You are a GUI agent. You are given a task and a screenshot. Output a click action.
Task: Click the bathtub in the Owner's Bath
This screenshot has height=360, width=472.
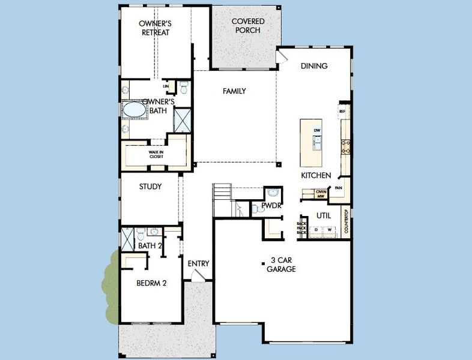point(134,110)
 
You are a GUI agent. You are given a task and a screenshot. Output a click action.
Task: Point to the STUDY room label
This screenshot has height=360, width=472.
point(150,187)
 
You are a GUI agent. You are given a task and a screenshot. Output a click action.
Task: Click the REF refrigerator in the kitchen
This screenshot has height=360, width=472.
point(342,112)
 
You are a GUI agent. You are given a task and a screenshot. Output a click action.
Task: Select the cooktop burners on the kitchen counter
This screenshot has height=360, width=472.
point(346,147)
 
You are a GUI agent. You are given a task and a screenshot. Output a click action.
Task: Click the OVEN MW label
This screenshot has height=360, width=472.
point(321,193)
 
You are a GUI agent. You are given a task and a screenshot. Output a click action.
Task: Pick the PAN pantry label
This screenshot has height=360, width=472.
point(339,188)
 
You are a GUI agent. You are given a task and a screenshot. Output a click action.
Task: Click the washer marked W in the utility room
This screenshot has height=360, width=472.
point(329,230)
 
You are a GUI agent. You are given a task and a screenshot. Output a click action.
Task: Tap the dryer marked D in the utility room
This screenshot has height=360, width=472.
point(315,230)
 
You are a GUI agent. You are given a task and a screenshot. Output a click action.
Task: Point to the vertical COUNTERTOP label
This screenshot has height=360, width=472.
point(346,222)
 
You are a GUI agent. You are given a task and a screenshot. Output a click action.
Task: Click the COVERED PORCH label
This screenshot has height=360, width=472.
point(249,26)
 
